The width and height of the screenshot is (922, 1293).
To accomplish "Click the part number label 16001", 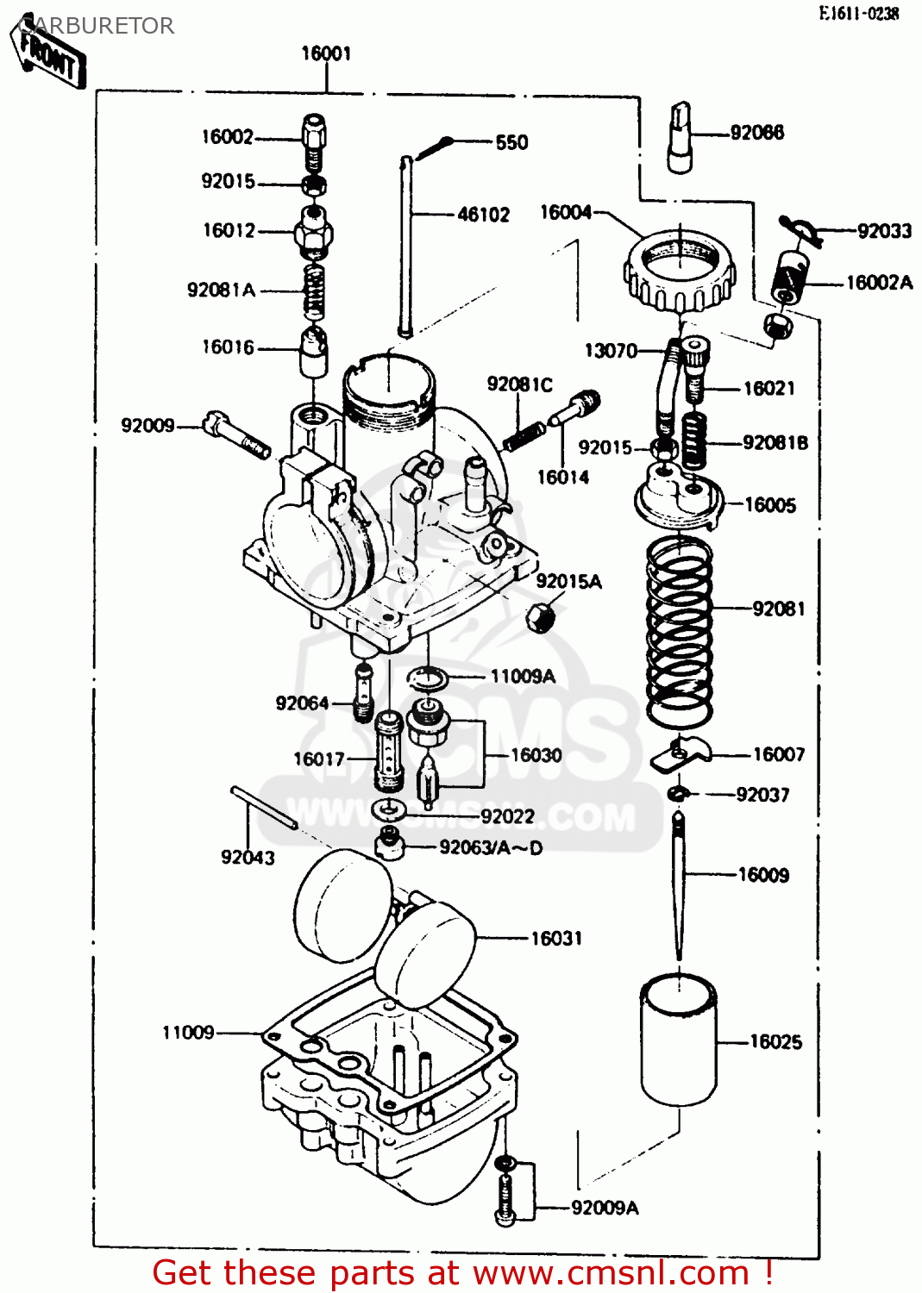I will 326,53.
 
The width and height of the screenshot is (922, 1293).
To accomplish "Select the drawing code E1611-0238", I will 858,13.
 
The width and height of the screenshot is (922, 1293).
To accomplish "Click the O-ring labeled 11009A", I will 427,679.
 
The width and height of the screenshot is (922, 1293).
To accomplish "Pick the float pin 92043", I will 264,808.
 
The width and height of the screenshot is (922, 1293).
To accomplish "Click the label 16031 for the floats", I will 556,938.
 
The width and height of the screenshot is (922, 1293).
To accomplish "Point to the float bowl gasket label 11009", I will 188,1032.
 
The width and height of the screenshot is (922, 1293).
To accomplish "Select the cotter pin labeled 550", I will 436,148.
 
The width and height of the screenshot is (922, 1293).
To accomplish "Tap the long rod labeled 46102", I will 405,246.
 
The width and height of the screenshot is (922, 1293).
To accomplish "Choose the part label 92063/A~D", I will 491,847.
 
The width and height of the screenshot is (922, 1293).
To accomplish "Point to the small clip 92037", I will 678,793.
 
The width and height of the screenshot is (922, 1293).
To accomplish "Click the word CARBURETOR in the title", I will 97,26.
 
